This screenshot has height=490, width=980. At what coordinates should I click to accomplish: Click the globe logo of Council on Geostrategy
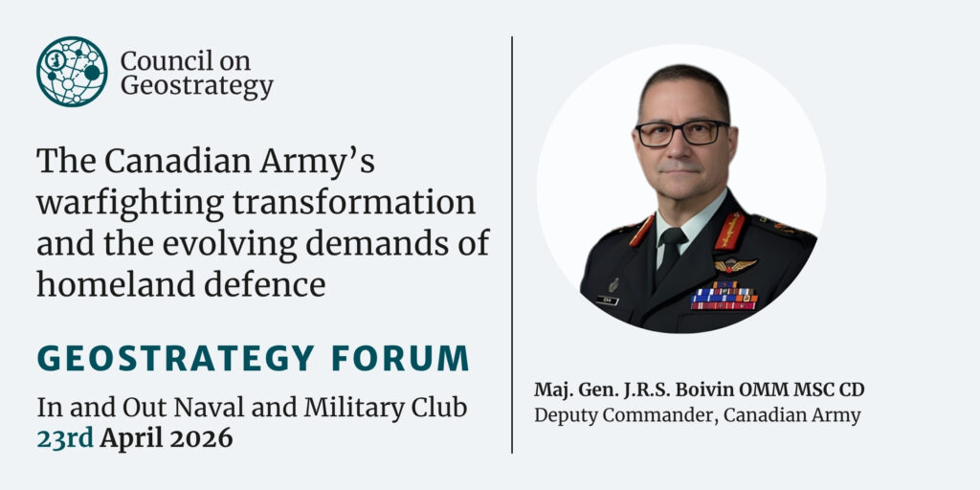click(x=72, y=71)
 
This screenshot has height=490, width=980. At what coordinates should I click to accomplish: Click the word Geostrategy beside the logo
click(x=197, y=86)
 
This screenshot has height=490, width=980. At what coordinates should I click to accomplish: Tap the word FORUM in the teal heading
click(x=400, y=358)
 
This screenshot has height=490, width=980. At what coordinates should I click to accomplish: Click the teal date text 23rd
click(x=65, y=438)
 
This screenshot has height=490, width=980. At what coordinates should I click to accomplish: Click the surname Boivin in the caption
click(x=705, y=390)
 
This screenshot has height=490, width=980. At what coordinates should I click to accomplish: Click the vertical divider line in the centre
click(x=512, y=244)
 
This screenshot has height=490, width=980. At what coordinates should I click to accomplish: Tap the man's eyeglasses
click(x=681, y=133)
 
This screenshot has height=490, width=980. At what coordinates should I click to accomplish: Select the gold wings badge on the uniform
click(x=735, y=265)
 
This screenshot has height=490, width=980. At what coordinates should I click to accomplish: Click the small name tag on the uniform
click(x=607, y=301)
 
